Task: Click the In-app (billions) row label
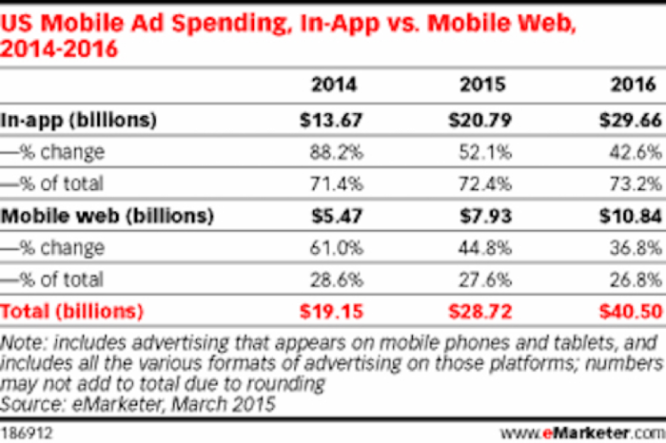pyautogui.click(x=78, y=120)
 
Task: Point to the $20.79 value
pyautogui.click(x=480, y=120)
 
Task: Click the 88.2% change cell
pyautogui.click(x=334, y=151)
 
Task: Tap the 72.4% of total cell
pyautogui.click(x=485, y=183)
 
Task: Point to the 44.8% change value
pyautogui.click(x=485, y=247)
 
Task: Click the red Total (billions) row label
pyautogui.click(x=72, y=311)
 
